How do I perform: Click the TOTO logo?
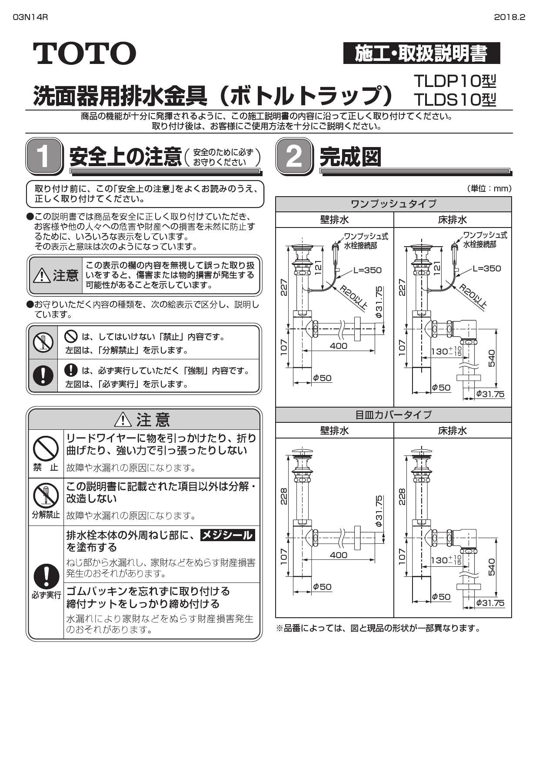pyautogui.click(x=85, y=54)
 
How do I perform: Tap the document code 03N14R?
pyautogui.click(x=30, y=17)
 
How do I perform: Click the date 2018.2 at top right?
pyautogui.click(x=509, y=17)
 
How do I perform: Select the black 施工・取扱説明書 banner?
pyautogui.click(x=421, y=54)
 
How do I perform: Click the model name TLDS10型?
pyautogui.click(x=454, y=100)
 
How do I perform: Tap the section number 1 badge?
pyautogui.click(x=43, y=157)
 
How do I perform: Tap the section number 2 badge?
pyautogui.click(x=294, y=157)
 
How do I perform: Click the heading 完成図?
pyautogui.click(x=350, y=157)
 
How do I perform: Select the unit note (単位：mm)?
pyautogui.click(x=489, y=188)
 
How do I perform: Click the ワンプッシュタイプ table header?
pyautogui.click(x=393, y=204)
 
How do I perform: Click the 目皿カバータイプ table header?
pyautogui.click(x=393, y=415)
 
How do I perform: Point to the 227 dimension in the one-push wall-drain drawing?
pyautogui.click(x=284, y=288)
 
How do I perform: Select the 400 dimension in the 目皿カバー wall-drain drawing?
pyautogui.click(x=338, y=555)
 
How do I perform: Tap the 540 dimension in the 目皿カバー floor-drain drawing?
pyautogui.click(x=492, y=566)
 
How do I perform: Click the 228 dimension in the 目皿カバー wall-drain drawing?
pyautogui.click(x=284, y=497)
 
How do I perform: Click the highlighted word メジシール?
pyautogui.click(x=227, y=535)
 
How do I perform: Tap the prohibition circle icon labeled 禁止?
pyautogui.click(x=46, y=448)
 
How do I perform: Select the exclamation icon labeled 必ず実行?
pyautogui.click(x=46, y=576)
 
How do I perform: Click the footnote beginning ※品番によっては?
pyautogui.click(x=378, y=628)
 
